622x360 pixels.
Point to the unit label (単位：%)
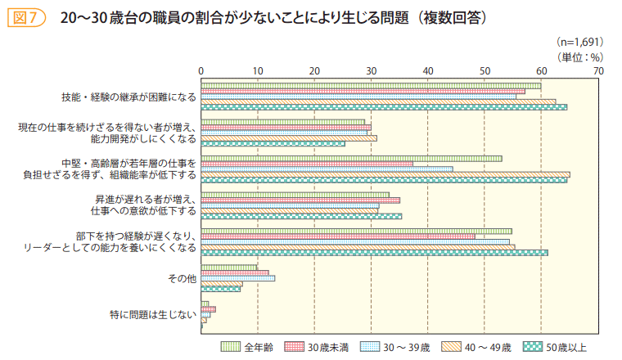point(579,56)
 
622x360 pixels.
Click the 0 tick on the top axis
point(201,72)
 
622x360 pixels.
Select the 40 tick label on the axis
point(428,72)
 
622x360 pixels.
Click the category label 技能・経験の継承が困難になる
point(128,97)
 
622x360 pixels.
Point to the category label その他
point(182,278)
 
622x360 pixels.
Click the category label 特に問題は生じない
point(153,313)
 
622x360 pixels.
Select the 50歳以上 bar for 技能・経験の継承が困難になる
point(384,107)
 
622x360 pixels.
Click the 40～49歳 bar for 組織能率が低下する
point(385,174)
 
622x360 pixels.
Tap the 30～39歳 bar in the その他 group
point(237,277)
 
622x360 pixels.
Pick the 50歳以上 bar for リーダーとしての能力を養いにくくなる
point(374,252)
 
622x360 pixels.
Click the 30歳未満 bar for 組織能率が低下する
point(307,164)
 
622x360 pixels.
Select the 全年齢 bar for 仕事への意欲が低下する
point(295,195)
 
